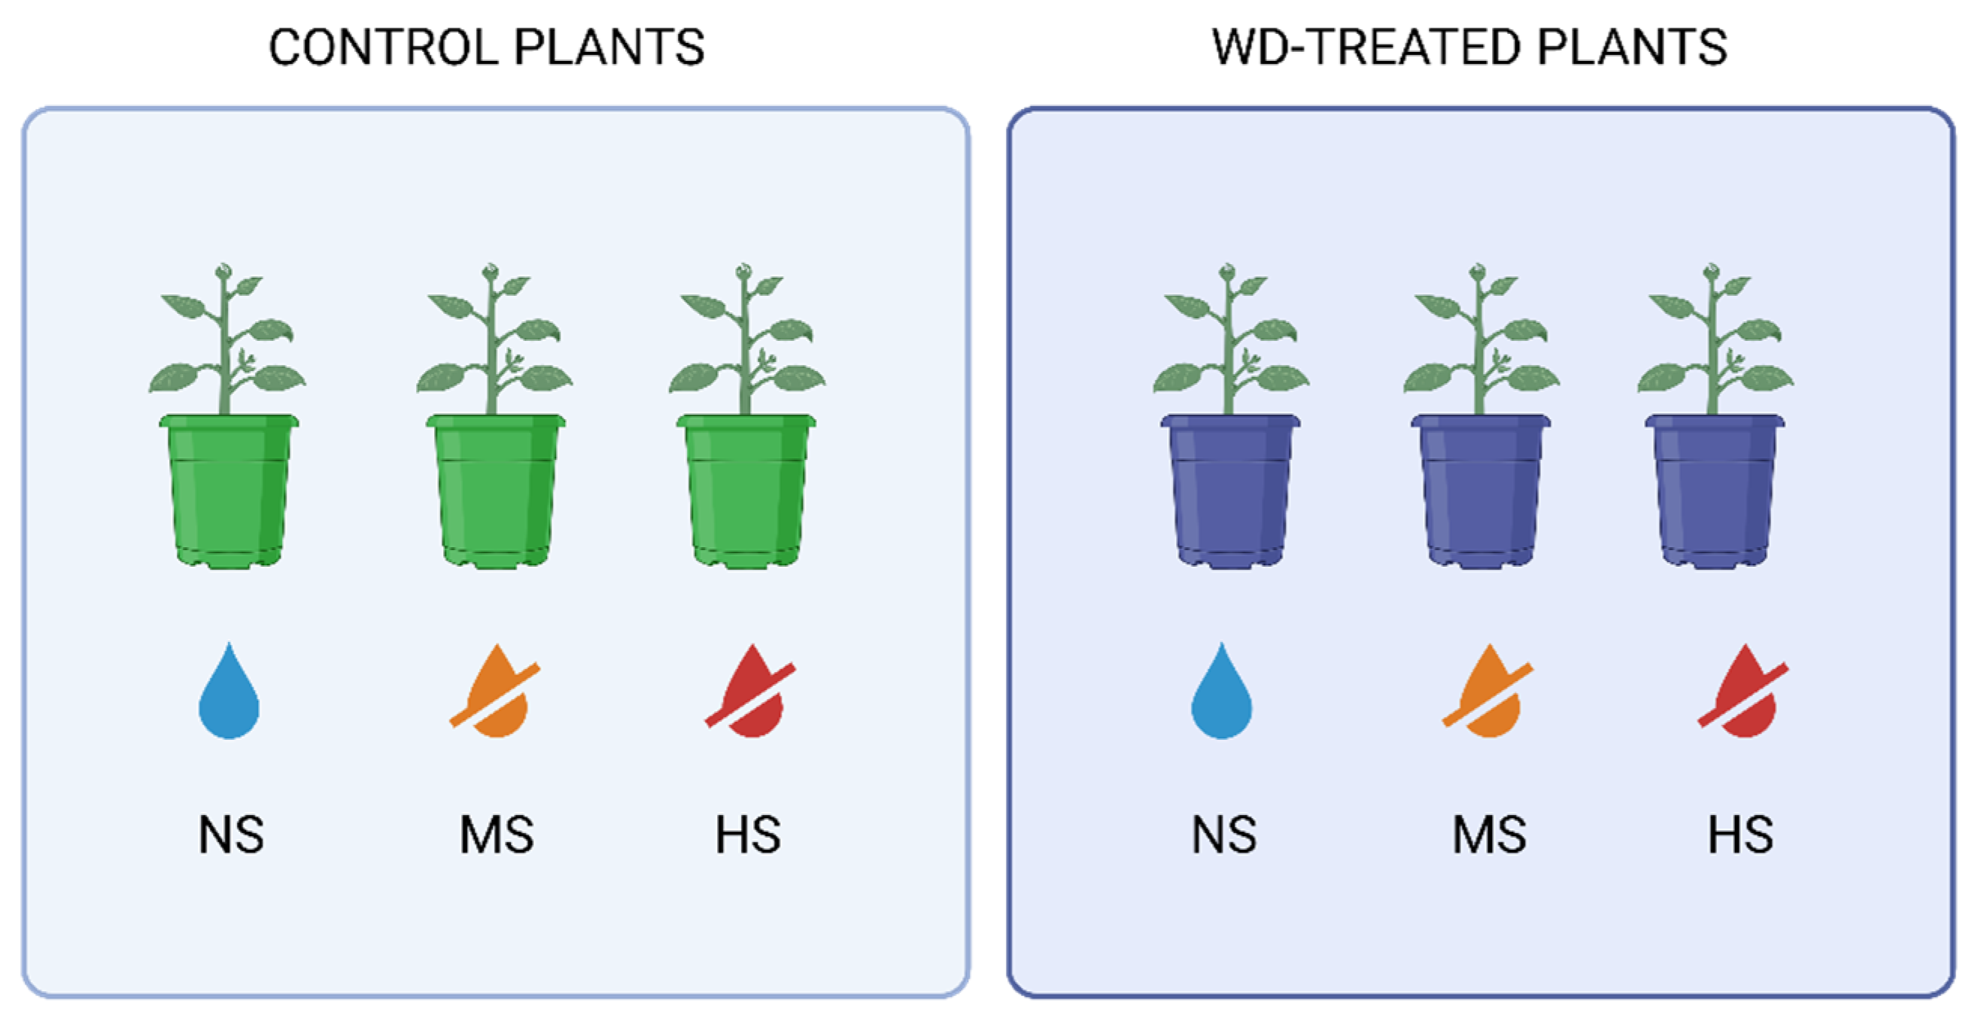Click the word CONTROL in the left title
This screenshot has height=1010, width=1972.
pyautogui.click(x=383, y=47)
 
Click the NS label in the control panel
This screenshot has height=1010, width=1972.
pyautogui.click(x=231, y=835)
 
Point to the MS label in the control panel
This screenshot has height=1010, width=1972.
pyautogui.click(x=496, y=835)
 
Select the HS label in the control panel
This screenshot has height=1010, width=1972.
pyautogui.click(x=748, y=835)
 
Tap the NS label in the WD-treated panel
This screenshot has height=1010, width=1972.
pyautogui.click(x=1223, y=835)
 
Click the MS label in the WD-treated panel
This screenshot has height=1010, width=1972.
pyautogui.click(x=1489, y=835)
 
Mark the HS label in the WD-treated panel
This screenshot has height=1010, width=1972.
pyautogui.click(x=1741, y=835)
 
